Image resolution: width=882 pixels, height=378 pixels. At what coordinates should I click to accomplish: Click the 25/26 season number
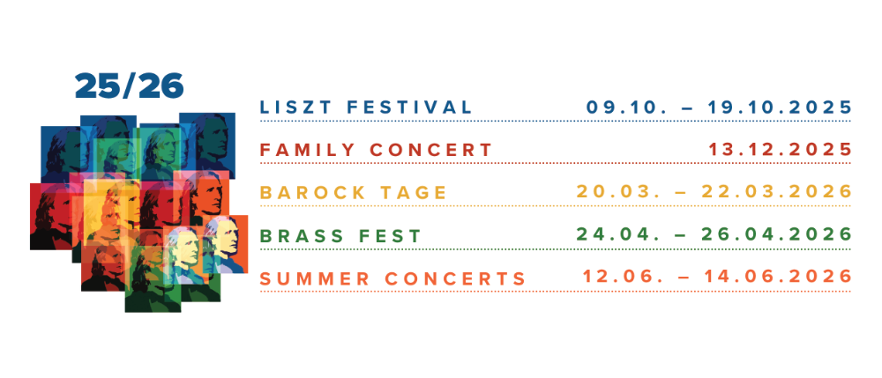click(129, 85)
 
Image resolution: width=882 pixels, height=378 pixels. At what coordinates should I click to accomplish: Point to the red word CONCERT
click(431, 150)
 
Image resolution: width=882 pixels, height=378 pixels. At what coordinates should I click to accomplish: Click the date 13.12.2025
click(780, 150)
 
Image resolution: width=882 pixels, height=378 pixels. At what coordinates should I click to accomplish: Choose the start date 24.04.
click(614, 234)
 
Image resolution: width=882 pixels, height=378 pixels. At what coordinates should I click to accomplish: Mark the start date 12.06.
click(617, 277)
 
